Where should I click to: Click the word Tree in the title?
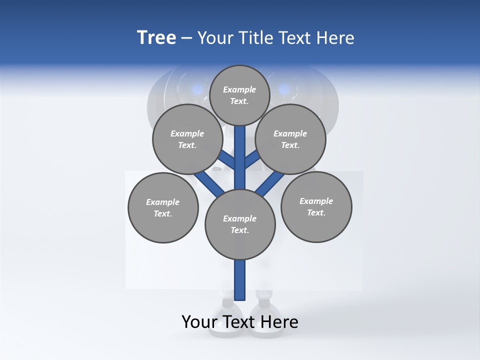click(x=156, y=38)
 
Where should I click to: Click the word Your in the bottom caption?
click(x=199, y=322)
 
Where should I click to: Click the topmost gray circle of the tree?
click(x=239, y=95)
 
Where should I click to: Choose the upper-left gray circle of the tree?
click(x=187, y=139)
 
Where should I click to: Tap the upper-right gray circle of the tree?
click(x=290, y=139)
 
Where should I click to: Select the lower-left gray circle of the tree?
click(x=163, y=207)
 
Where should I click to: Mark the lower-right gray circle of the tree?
click(x=316, y=206)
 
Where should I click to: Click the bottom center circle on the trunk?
click(x=240, y=224)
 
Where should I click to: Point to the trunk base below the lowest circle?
click(x=240, y=280)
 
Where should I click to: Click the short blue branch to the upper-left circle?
click(x=227, y=160)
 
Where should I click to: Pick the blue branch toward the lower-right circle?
click(x=270, y=183)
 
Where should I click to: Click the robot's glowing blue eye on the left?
click(x=198, y=89)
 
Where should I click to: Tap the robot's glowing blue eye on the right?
click(x=284, y=89)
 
